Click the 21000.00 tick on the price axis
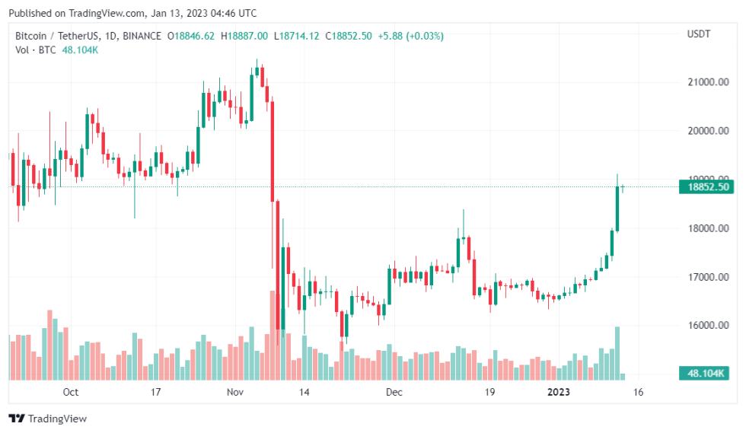pyautogui.click(x=709, y=82)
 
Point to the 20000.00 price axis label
pyautogui.click(x=709, y=131)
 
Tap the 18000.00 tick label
pyautogui.click(x=709, y=228)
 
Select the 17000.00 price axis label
pyautogui.click(x=709, y=277)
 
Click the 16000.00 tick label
pyautogui.click(x=709, y=326)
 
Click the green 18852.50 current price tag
pyautogui.click(x=707, y=187)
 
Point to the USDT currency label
pyautogui.click(x=698, y=34)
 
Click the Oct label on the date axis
pyautogui.click(x=71, y=393)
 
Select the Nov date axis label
pyautogui.click(x=234, y=393)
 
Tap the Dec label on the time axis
pyautogui.click(x=394, y=393)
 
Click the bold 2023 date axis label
pyautogui.click(x=559, y=393)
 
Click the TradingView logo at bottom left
pyautogui.click(x=48, y=419)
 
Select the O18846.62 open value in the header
pyautogui.click(x=191, y=36)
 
